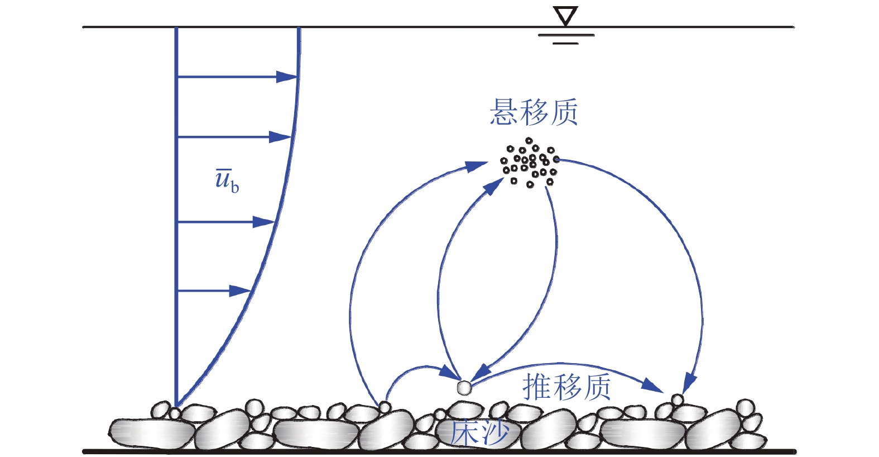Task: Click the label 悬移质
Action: click(x=534, y=112)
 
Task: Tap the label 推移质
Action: click(x=566, y=387)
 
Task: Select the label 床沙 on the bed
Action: click(x=479, y=433)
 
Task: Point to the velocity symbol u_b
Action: click(x=227, y=180)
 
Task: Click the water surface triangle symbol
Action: click(x=565, y=16)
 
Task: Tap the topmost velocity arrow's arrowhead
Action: click(x=287, y=77)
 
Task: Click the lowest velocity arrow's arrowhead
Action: click(x=241, y=291)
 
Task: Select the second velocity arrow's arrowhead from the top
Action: click(x=281, y=137)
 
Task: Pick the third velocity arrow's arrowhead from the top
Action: click(x=264, y=222)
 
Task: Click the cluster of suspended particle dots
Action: click(x=529, y=163)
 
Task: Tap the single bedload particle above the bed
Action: click(x=464, y=387)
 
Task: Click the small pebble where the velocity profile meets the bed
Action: click(x=175, y=413)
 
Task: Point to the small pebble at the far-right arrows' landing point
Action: click(x=677, y=399)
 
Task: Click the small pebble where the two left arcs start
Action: click(x=384, y=407)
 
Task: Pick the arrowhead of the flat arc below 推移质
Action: click(x=652, y=385)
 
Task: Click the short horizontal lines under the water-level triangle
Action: click(x=565, y=39)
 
